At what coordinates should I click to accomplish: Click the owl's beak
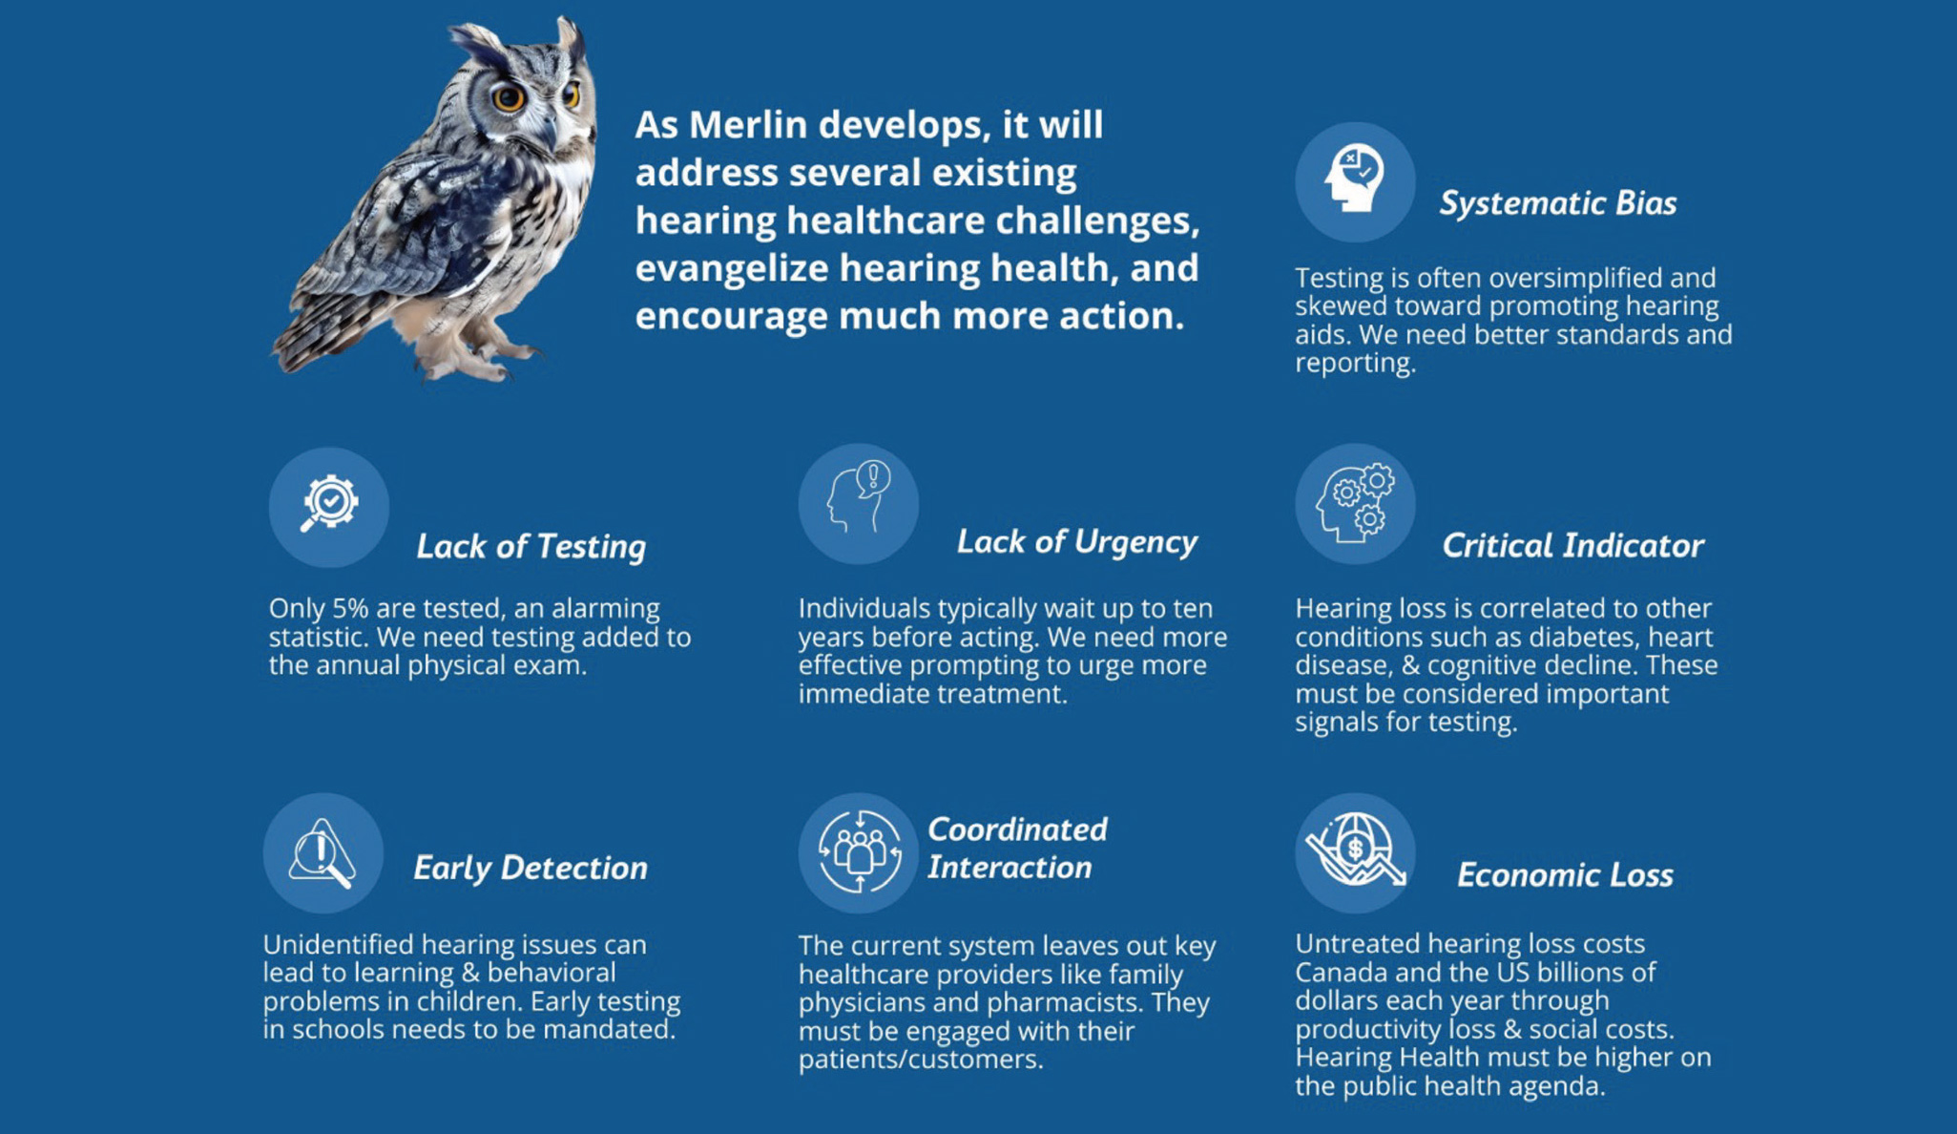(x=552, y=127)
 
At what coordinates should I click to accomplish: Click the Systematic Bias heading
(x=1557, y=202)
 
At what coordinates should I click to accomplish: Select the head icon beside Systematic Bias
(x=1354, y=181)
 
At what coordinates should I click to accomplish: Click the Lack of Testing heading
(x=531, y=546)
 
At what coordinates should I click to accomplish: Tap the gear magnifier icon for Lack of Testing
(x=328, y=507)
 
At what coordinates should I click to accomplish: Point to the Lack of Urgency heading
(x=1076, y=541)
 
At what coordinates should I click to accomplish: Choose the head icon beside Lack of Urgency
(x=858, y=503)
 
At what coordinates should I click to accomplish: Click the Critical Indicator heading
(x=1572, y=545)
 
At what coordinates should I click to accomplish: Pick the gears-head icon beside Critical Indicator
(x=1354, y=503)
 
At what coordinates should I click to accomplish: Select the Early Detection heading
(x=531, y=867)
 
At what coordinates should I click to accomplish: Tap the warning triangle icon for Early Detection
(x=323, y=852)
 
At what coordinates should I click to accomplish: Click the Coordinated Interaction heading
(x=1017, y=848)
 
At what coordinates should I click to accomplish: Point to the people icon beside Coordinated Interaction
(x=858, y=852)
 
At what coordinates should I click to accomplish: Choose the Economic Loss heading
(x=1565, y=874)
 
